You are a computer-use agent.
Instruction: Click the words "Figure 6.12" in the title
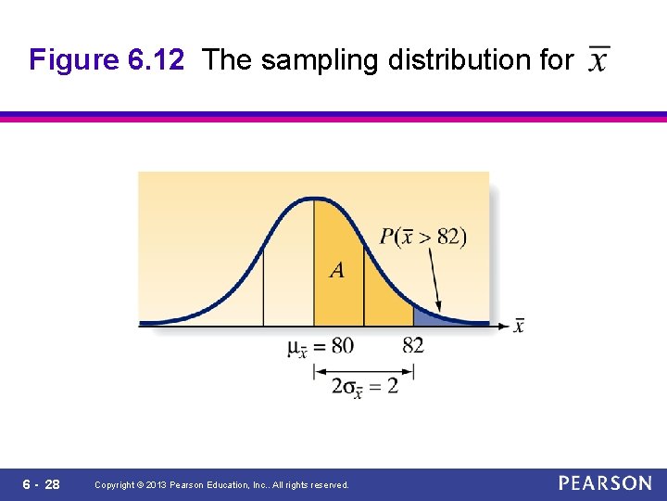click(x=107, y=60)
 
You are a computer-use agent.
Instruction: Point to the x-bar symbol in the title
click(x=599, y=59)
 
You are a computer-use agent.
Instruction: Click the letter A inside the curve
click(x=336, y=270)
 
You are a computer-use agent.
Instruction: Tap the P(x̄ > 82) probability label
click(x=423, y=236)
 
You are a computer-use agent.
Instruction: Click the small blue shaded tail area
click(x=425, y=315)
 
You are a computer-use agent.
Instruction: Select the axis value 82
click(x=413, y=346)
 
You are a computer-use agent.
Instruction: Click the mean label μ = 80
click(x=321, y=347)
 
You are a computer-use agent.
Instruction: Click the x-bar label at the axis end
click(x=519, y=325)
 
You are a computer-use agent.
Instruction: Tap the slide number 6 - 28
click(x=40, y=484)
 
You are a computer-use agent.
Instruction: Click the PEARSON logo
click(x=605, y=483)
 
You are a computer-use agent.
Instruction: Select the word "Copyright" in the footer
click(x=115, y=485)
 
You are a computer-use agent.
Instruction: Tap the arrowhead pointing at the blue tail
click(x=439, y=310)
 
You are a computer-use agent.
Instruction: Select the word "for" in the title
click(x=556, y=60)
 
